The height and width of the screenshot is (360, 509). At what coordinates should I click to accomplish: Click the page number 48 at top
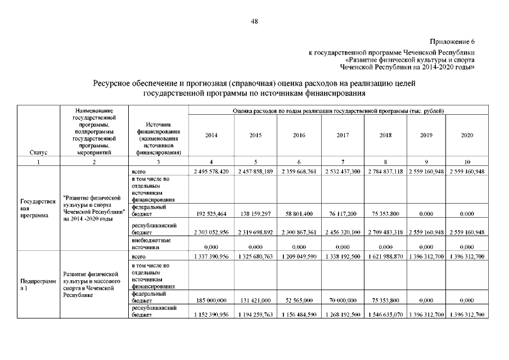[254, 22]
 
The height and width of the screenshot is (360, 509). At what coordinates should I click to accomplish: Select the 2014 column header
[211, 136]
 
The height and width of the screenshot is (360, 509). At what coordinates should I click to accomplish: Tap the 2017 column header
[343, 136]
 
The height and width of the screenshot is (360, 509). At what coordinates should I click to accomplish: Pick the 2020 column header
[467, 136]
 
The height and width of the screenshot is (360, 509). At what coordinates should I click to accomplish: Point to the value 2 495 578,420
[211, 171]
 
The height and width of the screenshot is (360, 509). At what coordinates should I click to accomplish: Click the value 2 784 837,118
[385, 171]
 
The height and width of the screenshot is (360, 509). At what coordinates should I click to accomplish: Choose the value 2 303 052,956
[211, 232]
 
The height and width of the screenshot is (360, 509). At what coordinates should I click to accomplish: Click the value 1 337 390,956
[211, 257]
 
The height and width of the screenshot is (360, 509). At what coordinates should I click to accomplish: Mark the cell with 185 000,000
[211, 301]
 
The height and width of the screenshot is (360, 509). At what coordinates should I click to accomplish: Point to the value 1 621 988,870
[385, 257]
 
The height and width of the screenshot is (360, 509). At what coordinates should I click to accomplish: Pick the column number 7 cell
[343, 162]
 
